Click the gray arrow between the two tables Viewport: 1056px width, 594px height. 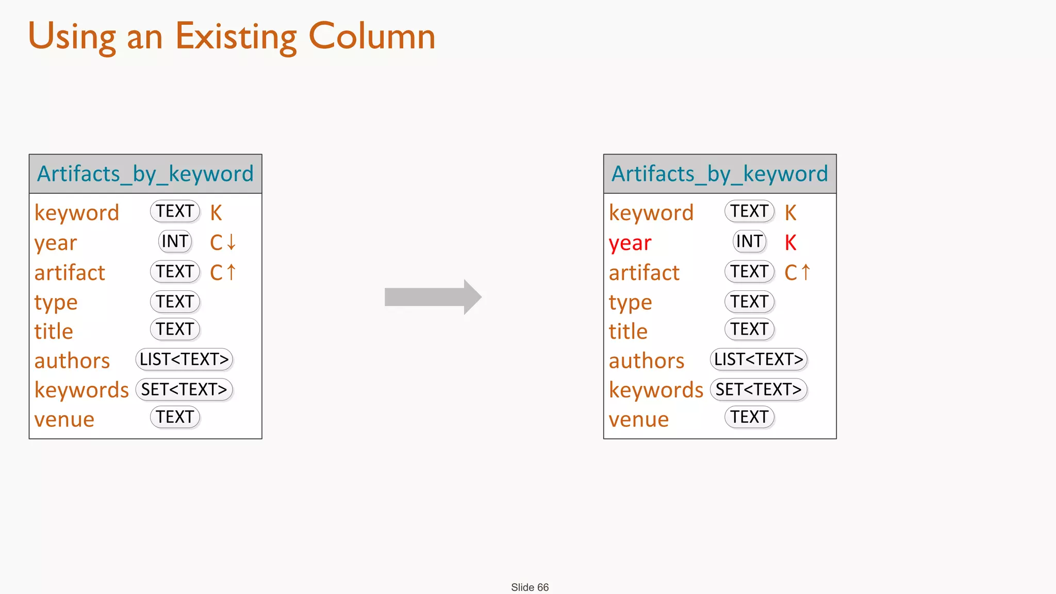tap(432, 297)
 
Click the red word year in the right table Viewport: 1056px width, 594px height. tap(630, 243)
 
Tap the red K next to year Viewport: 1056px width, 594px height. tap(790, 242)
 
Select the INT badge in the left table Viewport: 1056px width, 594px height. tap(175, 241)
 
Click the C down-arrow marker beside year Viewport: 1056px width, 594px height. tap(223, 242)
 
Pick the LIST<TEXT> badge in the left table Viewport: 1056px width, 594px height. tap(184, 359)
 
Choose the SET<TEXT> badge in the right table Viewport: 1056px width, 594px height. tap(758, 389)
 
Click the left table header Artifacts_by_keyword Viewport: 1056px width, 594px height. tap(145, 174)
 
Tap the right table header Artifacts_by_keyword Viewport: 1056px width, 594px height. tap(720, 174)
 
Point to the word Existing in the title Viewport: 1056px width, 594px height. tap(236, 37)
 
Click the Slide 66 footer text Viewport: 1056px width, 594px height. tap(530, 587)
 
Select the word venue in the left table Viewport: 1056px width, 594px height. tap(64, 419)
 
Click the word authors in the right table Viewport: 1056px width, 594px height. tap(647, 360)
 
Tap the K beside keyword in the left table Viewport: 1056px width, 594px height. tap(216, 212)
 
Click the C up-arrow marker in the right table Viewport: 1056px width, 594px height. tap(798, 272)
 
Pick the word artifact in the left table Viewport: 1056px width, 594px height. tap(70, 272)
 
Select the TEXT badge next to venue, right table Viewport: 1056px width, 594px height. tap(749, 417)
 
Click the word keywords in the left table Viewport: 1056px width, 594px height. tap(81, 390)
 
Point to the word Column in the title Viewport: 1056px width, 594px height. tap(372, 37)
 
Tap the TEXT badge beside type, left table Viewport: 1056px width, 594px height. tap(175, 302)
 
